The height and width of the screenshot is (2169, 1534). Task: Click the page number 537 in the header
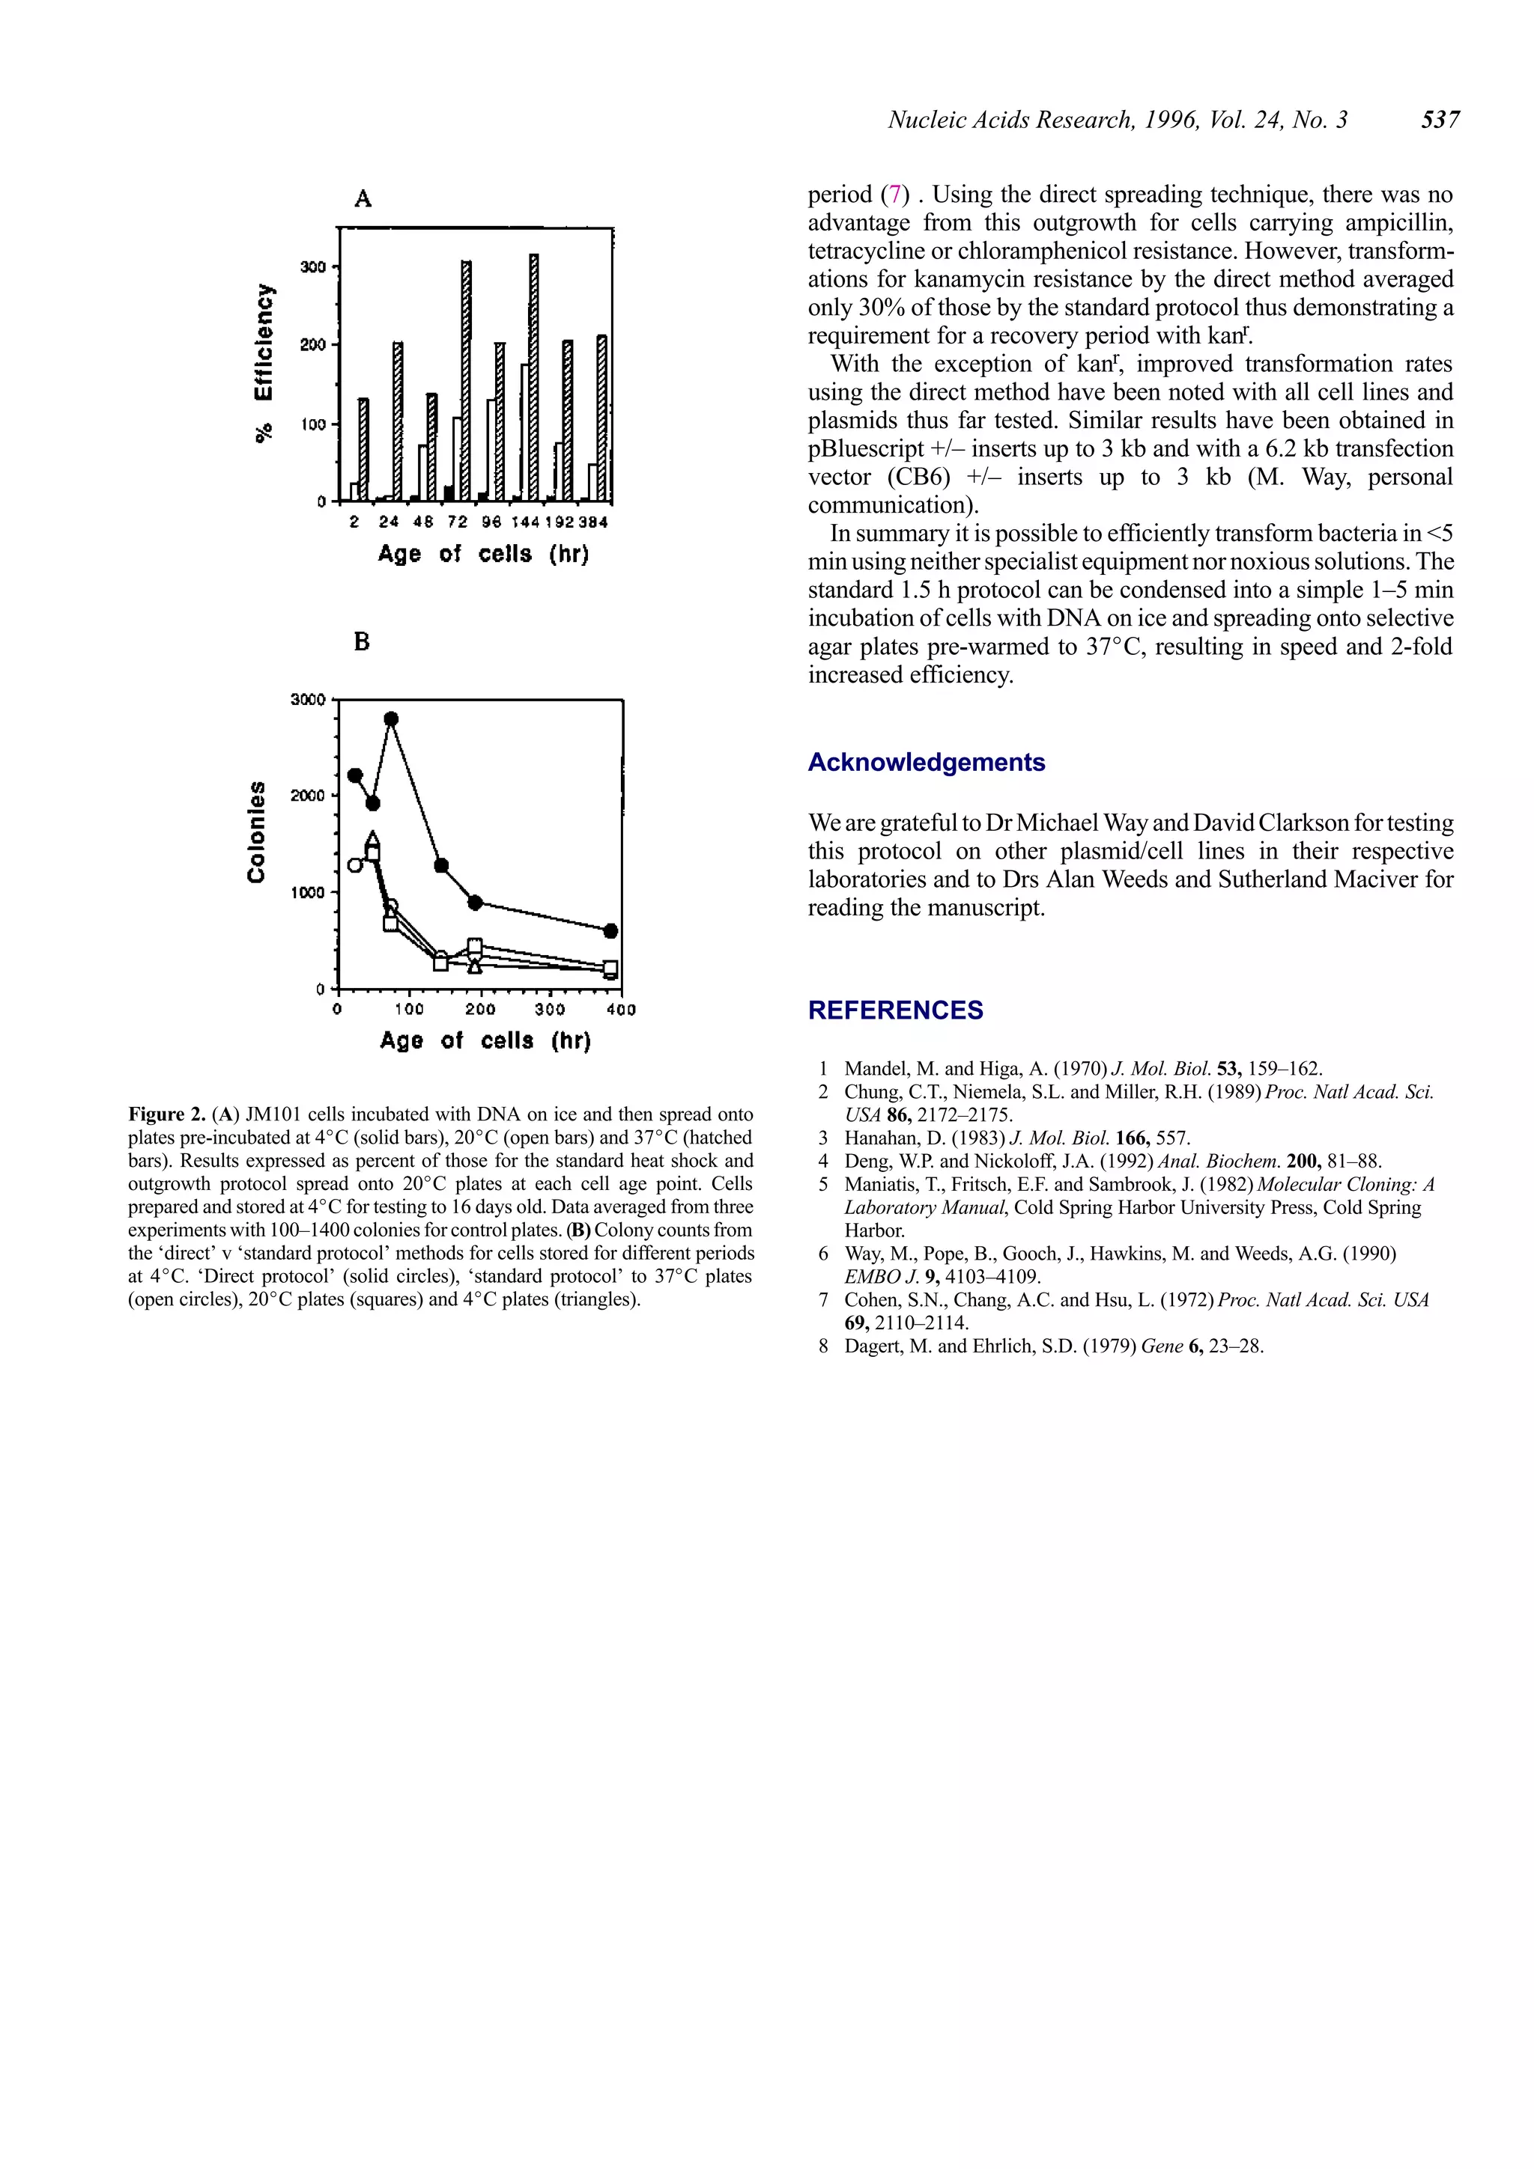1440,120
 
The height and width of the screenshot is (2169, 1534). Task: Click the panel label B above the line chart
362,642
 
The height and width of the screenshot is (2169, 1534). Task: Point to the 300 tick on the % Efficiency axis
313,267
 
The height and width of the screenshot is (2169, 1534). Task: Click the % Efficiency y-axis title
266,363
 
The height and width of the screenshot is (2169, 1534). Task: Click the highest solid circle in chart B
391,719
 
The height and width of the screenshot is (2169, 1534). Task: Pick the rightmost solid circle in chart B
610,930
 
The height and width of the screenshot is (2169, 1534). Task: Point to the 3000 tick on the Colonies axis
308,700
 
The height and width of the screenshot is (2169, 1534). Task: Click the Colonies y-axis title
256,832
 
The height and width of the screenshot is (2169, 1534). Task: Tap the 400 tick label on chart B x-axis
621,1010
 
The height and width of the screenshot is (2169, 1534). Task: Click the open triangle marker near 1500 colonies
372,839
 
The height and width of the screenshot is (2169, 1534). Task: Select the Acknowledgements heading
927,763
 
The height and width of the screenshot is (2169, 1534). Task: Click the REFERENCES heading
895,1011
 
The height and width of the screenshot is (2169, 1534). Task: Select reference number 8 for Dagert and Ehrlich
824,1346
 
